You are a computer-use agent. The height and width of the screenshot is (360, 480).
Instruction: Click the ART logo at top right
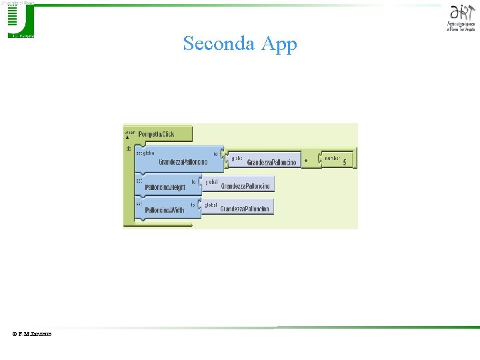click(x=462, y=16)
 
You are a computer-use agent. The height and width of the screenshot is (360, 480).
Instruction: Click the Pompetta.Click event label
click(x=156, y=134)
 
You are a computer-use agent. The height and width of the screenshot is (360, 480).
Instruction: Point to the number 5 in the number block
click(x=345, y=162)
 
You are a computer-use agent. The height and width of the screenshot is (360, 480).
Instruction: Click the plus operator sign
click(x=306, y=161)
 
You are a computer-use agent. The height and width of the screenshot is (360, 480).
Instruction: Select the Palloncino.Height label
click(x=165, y=187)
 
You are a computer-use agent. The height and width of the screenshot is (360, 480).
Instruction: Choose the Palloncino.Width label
click(x=164, y=210)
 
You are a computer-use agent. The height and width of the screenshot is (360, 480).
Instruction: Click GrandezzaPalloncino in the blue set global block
click(x=183, y=162)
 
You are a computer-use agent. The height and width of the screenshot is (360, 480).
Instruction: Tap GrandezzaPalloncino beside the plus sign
click(x=271, y=163)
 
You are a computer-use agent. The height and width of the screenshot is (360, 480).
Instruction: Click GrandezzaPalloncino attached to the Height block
click(x=245, y=187)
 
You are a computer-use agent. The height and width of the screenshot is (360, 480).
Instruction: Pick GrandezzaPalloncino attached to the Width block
click(x=245, y=209)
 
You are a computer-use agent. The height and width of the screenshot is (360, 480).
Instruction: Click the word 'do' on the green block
click(x=128, y=148)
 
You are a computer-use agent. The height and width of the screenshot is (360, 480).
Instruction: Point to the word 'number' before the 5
click(x=331, y=155)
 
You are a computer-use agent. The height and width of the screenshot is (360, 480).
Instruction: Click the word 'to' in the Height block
click(x=193, y=181)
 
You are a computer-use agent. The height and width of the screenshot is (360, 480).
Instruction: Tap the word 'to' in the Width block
click(x=193, y=205)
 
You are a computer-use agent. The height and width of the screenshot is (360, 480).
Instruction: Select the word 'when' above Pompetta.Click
click(x=130, y=131)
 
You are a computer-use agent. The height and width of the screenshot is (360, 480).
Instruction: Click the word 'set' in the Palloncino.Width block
click(x=139, y=203)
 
